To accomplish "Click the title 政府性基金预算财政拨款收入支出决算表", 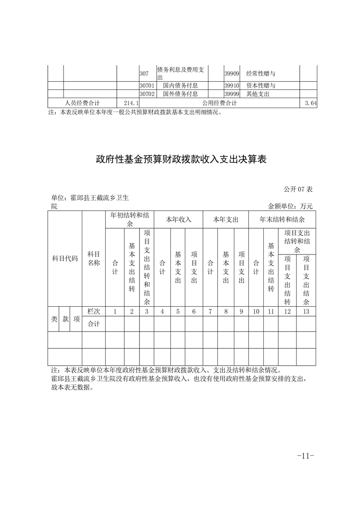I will click(x=181, y=160).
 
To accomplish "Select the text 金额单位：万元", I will click(x=291, y=206).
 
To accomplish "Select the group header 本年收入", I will click(x=178, y=219).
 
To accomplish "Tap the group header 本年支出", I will click(x=226, y=219).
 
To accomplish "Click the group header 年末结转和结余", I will click(x=282, y=219).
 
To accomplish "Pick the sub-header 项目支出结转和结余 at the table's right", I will click(x=297, y=241).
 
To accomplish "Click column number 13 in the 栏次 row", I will click(x=306, y=311).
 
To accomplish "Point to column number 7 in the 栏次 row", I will click(x=210, y=311).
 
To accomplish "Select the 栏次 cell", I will click(x=94, y=311).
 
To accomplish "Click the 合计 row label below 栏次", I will click(x=94, y=323).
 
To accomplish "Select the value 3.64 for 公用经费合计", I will click(x=311, y=103).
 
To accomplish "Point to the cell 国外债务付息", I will click(x=180, y=94).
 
